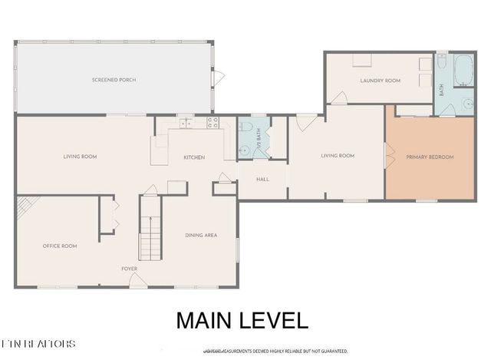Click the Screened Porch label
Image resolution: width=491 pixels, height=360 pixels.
click(x=114, y=80)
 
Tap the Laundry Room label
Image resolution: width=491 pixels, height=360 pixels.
click(x=381, y=80)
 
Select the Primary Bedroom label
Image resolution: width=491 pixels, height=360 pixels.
click(x=430, y=157)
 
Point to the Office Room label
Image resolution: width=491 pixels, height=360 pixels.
click(x=59, y=246)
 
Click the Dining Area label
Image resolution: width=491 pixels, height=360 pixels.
click(x=200, y=235)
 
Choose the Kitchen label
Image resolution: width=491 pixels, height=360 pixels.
click(x=193, y=157)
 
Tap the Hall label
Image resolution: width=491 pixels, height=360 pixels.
click(x=262, y=179)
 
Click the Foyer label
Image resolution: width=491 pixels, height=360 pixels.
click(x=129, y=269)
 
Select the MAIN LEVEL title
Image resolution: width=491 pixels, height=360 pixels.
click(x=242, y=320)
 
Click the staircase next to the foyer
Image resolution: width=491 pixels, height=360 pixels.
click(x=150, y=228)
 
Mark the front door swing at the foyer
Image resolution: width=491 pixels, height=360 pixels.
click(x=139, y=281)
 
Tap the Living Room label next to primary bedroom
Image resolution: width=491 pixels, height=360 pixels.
click(x=338, y=156)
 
